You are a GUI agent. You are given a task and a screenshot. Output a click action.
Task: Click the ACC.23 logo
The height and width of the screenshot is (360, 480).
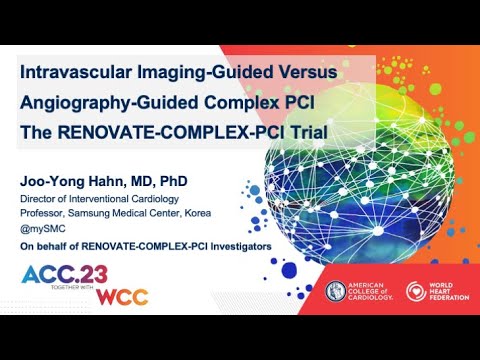coord(59,277)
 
